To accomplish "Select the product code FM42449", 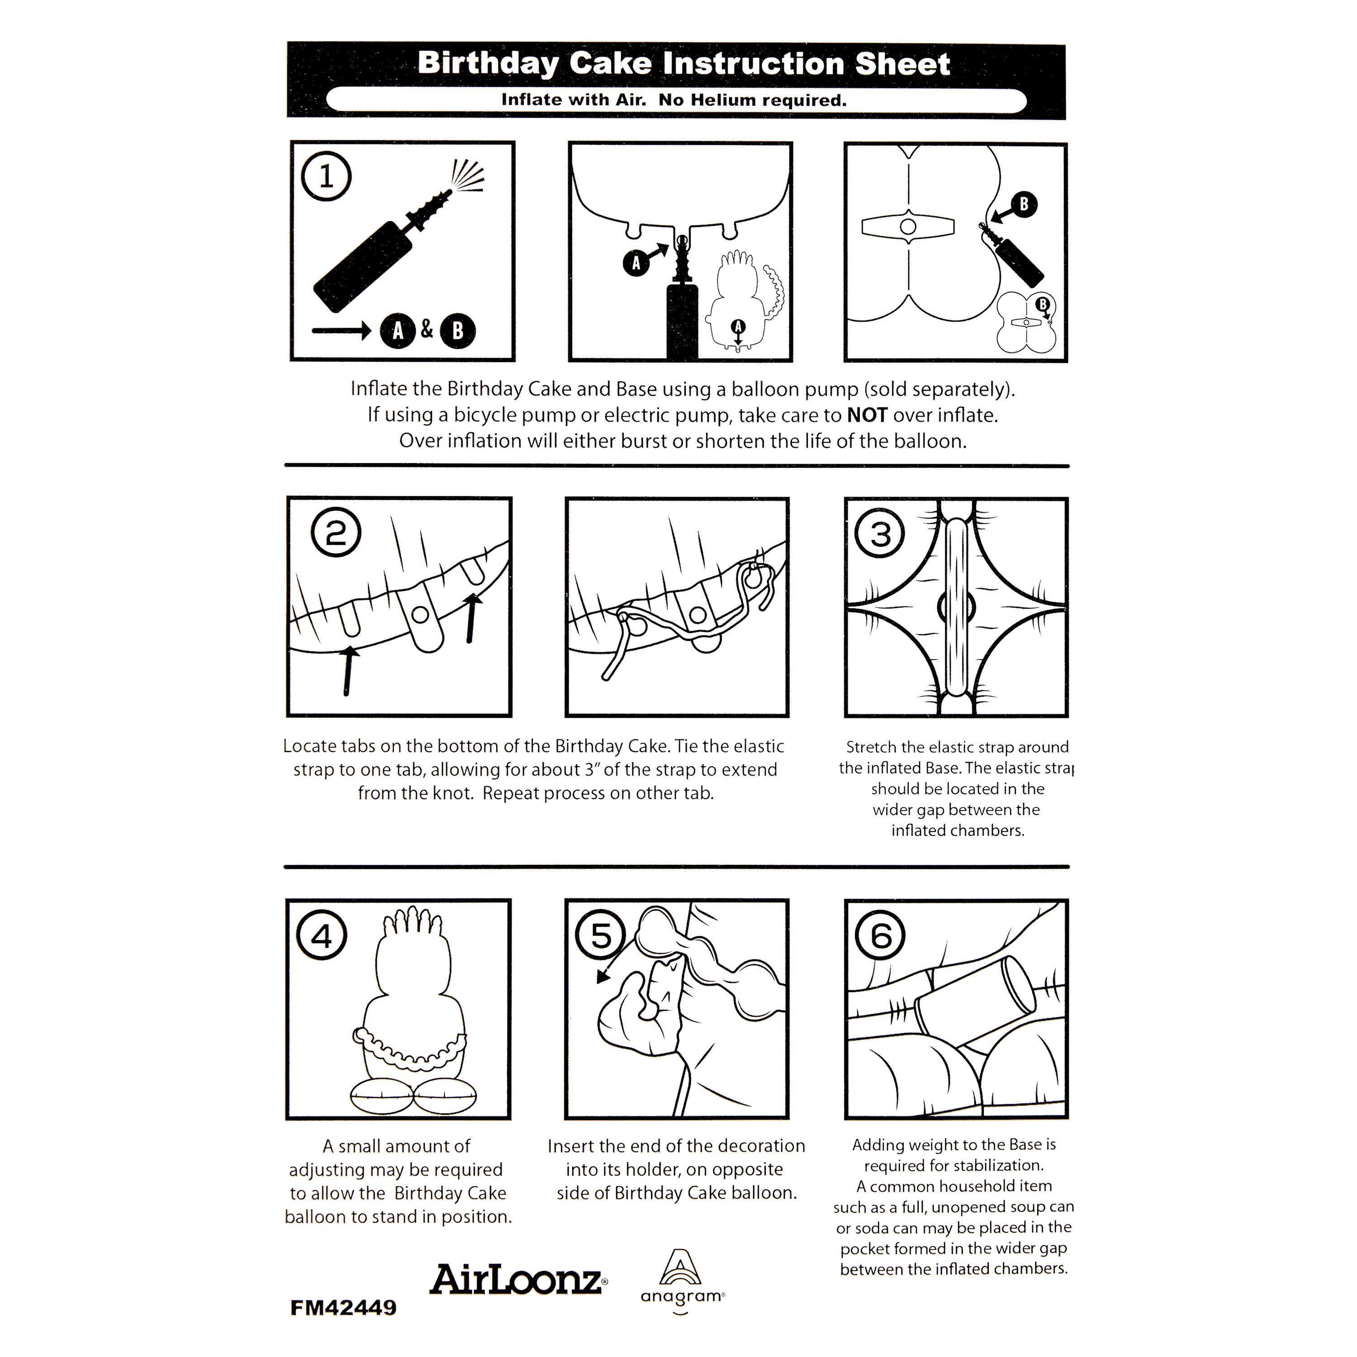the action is [x=343, y=1308].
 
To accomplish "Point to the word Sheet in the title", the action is [x=902, y=64].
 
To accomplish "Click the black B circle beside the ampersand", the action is [x=457, y=331].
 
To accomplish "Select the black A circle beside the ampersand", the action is [x=398, y=331].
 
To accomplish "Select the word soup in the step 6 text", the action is [x=1001, y=1207].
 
